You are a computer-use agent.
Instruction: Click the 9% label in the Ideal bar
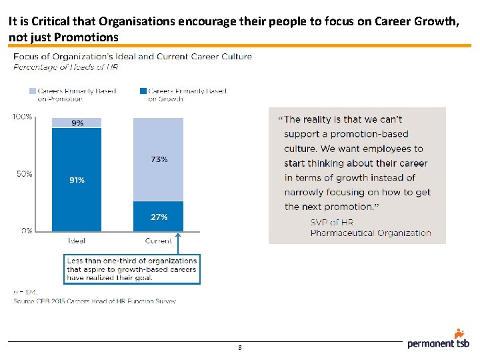77,123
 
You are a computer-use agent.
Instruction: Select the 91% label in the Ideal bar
77,180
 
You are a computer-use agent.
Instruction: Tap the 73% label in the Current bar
159,159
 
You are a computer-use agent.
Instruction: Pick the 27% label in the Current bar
159,217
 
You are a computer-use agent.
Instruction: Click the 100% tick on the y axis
22,117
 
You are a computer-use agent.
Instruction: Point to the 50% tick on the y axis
24,174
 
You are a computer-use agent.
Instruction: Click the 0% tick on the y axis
26,231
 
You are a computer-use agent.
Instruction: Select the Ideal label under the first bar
77,241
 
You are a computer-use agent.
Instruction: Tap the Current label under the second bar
159,241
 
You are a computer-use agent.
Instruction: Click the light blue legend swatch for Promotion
31,91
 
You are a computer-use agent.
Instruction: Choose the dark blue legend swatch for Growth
143,91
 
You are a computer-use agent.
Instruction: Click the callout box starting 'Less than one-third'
132,269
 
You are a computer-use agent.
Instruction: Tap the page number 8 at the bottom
239,348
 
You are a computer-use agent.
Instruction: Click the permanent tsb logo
439,340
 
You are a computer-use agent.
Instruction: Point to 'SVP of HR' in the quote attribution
332,222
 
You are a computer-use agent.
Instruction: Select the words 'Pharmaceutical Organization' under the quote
371,233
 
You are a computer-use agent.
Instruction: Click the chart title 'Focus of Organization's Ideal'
133,57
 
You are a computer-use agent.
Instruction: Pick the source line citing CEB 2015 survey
95,301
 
